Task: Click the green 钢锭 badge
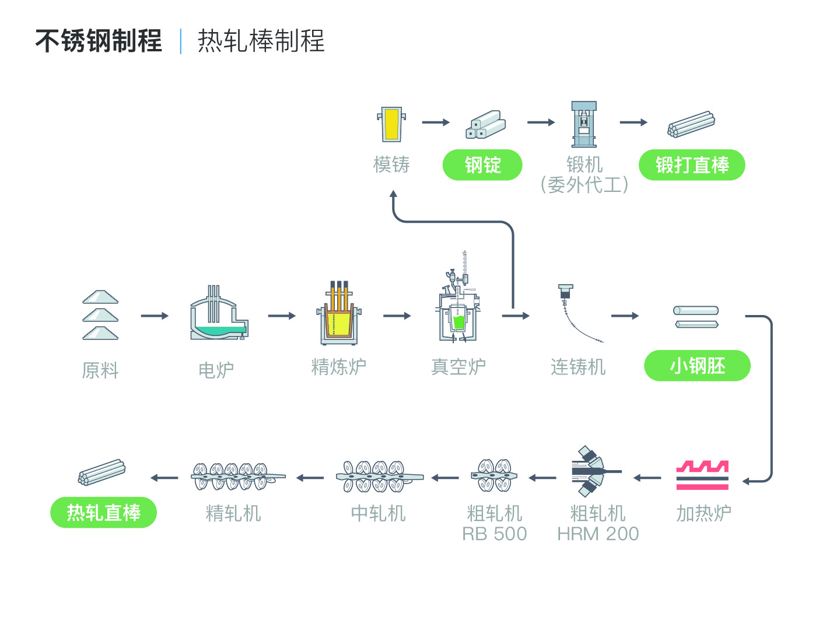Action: coord(482,165)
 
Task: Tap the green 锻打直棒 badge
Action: coord(692,165)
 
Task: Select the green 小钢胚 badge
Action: coord(697,366)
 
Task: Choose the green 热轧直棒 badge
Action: coord(103,513)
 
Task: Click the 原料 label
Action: coord(100,370)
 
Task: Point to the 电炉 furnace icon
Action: coord(219,313)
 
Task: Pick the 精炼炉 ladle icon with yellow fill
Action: coord(339,313)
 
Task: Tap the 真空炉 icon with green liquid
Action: coord(458,297)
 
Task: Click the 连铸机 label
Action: coord(578,367)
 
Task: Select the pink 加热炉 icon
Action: coord(702,475)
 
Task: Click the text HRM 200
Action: coord(598,534)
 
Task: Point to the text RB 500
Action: coord(495,534)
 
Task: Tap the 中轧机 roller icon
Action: coord(380,476)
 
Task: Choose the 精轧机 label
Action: coord(233,513)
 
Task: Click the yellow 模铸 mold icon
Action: coord(391,124)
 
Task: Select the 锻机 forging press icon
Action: coord(583,124)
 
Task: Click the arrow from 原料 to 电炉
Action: coord(155,316)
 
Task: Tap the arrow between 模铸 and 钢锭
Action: coord(436,122)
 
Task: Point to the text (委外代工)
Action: coord(584,185)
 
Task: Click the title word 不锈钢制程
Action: coord(99,41)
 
